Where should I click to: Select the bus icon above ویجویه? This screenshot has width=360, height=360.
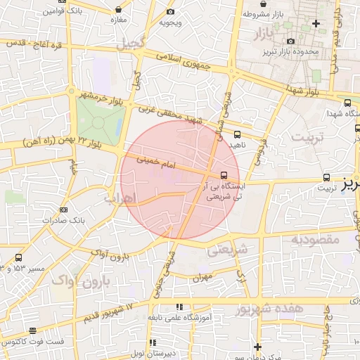170,12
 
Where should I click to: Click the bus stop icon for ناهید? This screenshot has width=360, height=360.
237,134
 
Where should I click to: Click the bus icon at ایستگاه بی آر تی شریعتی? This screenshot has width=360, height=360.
224,174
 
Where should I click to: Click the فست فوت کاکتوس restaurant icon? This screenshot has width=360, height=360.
32,331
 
